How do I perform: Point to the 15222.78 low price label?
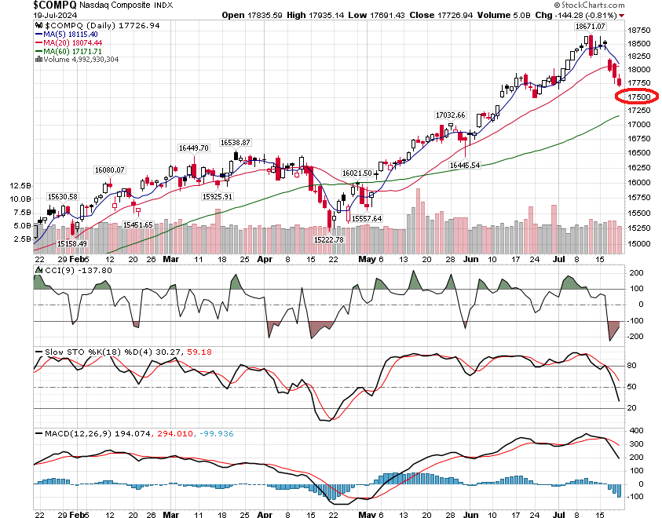click(328, 239)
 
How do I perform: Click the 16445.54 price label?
click(464, 166)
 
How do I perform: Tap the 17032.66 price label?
click(451, 115)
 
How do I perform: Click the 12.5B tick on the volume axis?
click(20, 186)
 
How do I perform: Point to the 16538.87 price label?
click(235, 142)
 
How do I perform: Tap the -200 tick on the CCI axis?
click(635, 336)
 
